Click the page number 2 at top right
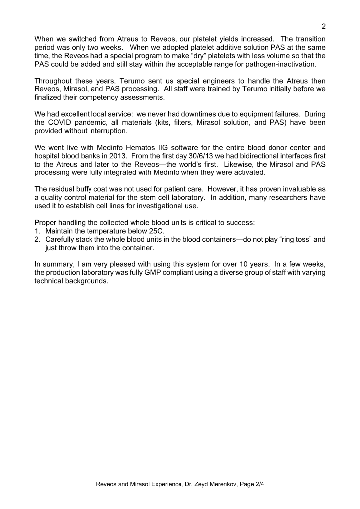pos(323,27)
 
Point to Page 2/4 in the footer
pos(251,483)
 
